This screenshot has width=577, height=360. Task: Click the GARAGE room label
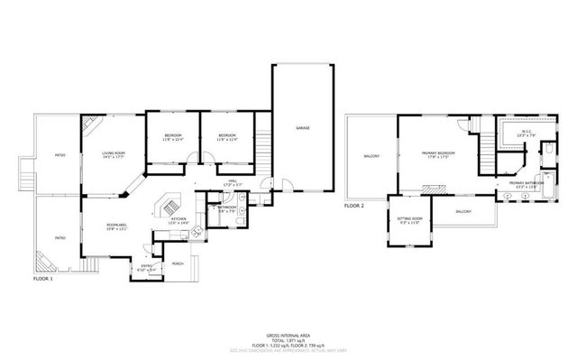click(303, 128)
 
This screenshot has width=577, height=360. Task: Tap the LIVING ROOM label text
click(113, 155)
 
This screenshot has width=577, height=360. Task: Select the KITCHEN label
click(179, 219)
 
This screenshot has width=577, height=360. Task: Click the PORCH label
click(178, 263)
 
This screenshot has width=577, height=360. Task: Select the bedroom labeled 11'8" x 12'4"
click(173, 137)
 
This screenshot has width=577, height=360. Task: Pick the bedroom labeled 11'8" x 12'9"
click(226, 137)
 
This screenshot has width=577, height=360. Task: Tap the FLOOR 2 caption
click(354, 207)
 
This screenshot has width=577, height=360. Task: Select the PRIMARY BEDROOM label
click(439, 154)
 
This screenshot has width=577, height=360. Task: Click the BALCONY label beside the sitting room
click(463, 211)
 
